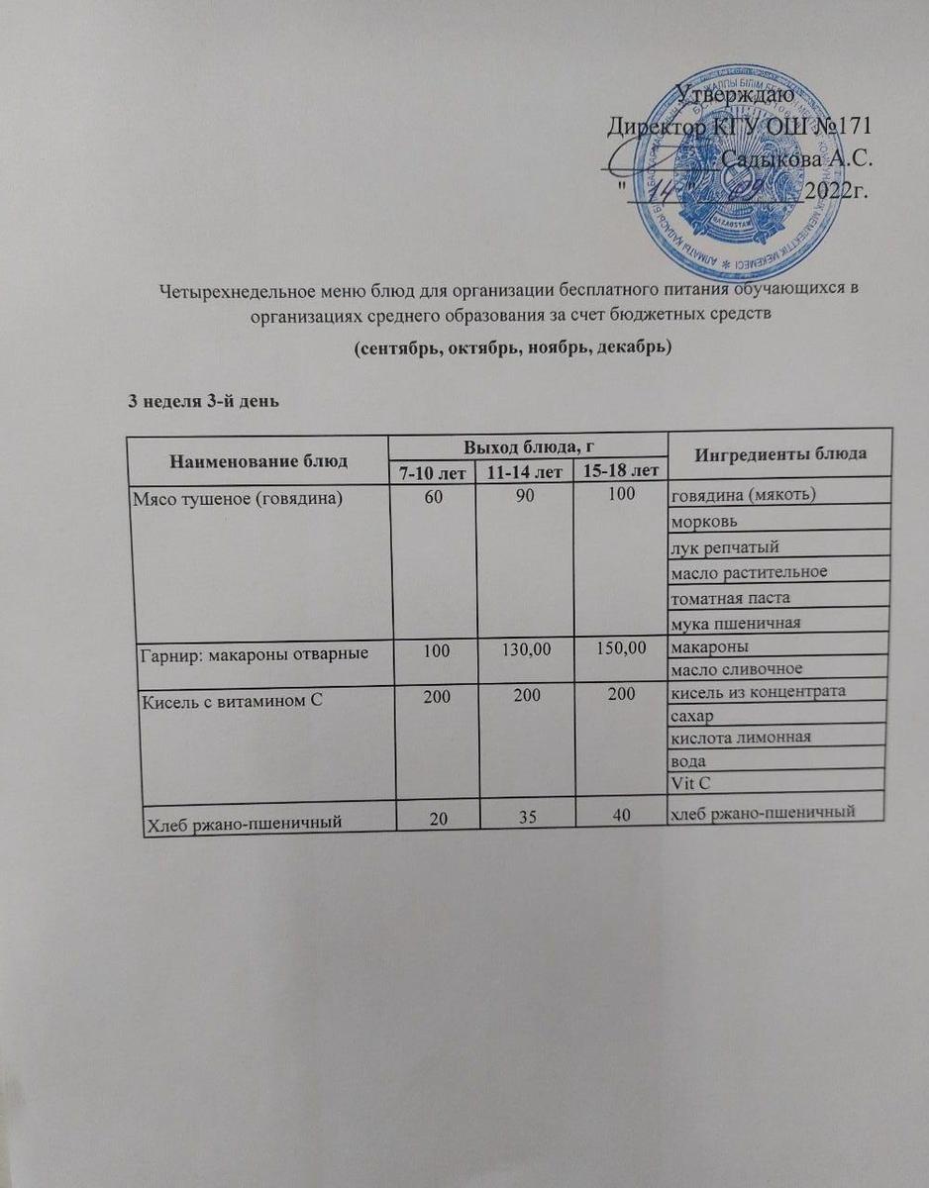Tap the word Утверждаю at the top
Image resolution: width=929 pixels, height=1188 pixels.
pyautogui.click(x=732, y=95)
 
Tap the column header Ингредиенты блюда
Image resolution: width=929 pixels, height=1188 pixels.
pyautogui.click(x=781, y=454)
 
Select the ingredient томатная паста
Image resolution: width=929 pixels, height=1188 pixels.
pyautogui.click(x=731, y=598)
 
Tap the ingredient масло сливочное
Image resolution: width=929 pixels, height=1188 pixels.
pyautogui.click(x=736, y=669)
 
